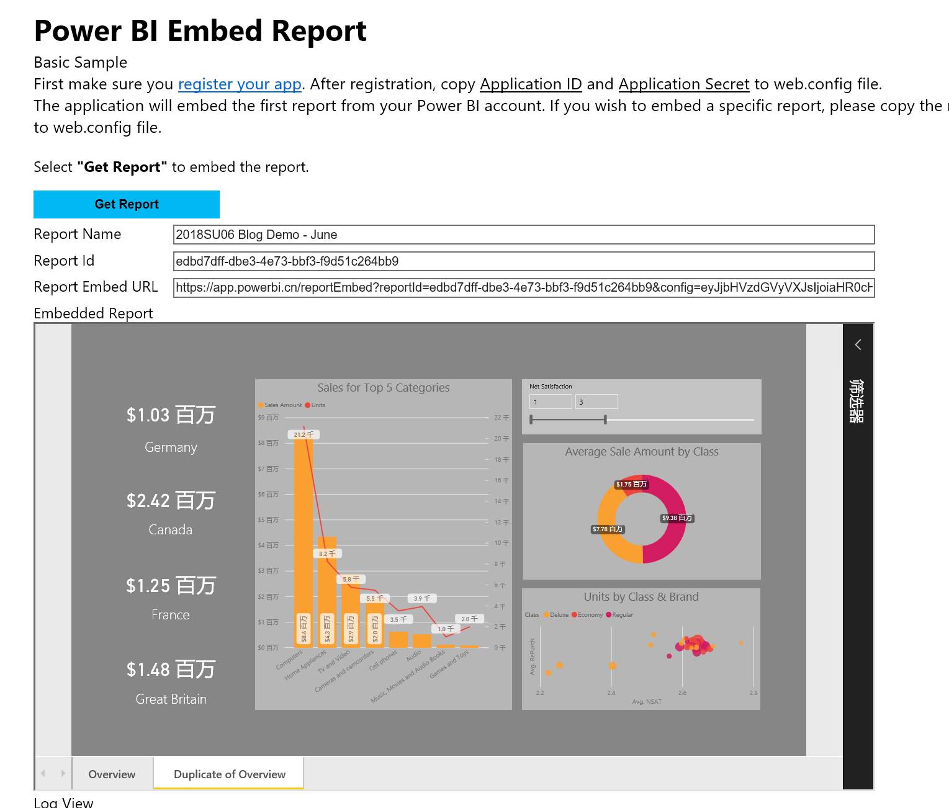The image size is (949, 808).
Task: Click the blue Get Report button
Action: pos(127,204)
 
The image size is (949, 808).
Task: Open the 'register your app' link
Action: pos(240,84)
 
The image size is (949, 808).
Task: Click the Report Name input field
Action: pos(523,235)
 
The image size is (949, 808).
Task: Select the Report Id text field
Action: pos(523,261)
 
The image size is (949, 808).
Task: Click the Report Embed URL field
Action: pos(523,287)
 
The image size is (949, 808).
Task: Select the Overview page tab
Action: pos(112,774)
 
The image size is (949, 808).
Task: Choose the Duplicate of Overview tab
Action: pos(229,774)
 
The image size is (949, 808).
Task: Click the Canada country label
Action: pos(171,530)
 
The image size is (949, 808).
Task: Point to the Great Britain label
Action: pos(171,699)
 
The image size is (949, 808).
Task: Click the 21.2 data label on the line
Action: pos(304,434)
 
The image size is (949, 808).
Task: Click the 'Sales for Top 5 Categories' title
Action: pos(383,388)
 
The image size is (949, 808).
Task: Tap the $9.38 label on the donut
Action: pos(677,518)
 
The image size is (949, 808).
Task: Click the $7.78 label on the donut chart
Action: pos(607,529)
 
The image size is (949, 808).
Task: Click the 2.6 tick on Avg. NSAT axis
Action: pos(682,693)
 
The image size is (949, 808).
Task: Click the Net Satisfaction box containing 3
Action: pos(596,402)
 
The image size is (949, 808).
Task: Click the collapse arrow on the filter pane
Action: pos(858,345)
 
